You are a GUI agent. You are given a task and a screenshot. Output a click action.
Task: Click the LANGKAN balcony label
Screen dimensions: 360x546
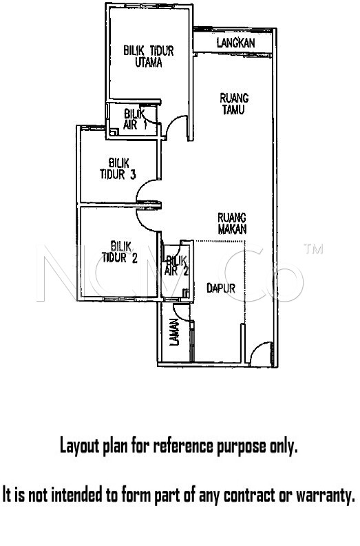pos(235,43)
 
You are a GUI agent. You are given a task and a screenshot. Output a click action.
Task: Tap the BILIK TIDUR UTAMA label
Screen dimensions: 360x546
pos(149,56)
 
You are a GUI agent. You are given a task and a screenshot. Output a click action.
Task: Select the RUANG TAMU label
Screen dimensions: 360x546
pos(234,103)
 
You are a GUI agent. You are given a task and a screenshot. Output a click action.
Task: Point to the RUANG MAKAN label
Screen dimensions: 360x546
pos(232,223)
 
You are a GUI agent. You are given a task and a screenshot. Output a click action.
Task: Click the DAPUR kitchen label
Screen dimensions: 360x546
pos(221,288)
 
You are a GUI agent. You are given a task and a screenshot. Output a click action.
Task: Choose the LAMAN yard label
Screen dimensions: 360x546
pos(174,332)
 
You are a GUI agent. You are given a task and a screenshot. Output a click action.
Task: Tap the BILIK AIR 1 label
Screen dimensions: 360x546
pos(135,119)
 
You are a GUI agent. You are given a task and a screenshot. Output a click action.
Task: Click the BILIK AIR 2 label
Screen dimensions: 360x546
pos(177,266)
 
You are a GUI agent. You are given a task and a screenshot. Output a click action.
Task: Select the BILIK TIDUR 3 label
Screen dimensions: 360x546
pos(118,169)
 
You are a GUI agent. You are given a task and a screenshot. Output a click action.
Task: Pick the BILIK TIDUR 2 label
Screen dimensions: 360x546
pos(120,252)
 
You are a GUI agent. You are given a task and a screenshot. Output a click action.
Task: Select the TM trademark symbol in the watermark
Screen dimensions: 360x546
pos(313,249)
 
